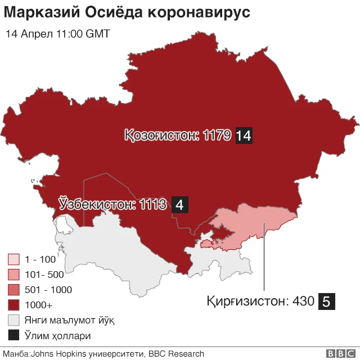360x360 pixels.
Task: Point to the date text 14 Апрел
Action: coord(30,34)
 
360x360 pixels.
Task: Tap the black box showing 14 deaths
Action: coord(244,135)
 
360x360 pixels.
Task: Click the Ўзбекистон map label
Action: coord(97,204)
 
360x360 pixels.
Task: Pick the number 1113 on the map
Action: coord(154,204)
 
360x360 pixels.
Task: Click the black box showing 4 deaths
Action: coord(179,205)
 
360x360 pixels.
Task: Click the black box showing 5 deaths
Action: coord(327,301)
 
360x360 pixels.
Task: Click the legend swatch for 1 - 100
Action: coord(13,260)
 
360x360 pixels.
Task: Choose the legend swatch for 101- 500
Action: coord(13,275)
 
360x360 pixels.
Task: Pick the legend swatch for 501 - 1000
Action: coord(13,290)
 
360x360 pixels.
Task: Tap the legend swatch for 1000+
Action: coord(13,305)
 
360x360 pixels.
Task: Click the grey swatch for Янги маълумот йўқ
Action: coord(13,321)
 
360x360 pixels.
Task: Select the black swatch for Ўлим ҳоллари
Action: coord(13,336)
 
